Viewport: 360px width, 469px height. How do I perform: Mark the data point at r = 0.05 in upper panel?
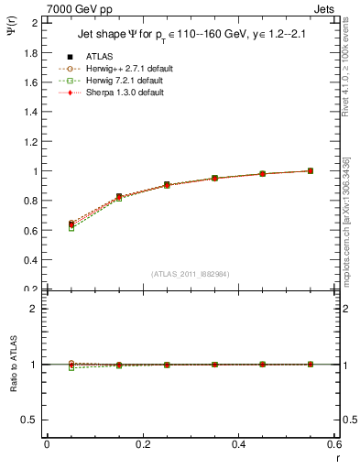pos(71,224)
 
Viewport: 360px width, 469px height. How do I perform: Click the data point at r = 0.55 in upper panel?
pos(311,170)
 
